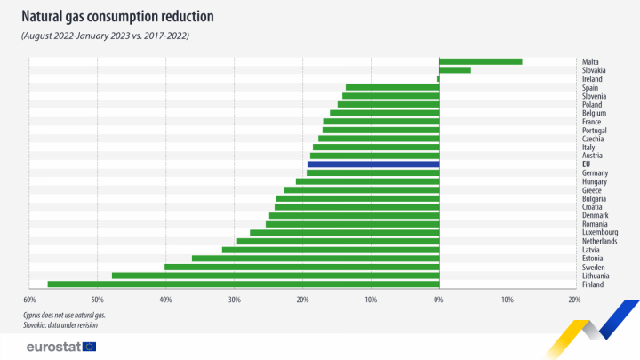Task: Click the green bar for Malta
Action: click(x=480, y=61)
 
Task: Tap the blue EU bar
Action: click(x=373, y=164)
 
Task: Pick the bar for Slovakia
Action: click(x=454, y=70)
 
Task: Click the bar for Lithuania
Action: click(x=275, y=275)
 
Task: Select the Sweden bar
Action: click(x=301, y=267)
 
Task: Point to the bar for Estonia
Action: click(x=315, y=258)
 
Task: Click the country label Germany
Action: click(x=596, y=173)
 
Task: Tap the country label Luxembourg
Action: click(x=600, y=233)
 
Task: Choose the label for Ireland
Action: click(x=592, y=79)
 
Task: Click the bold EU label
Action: click(x=587, y=164)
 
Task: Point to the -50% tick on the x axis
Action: click(x=97, y=300)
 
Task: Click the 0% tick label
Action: click(x=438, y=300)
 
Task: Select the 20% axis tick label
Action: click(x=574, y=300)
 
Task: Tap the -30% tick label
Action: click(x=233, y=300)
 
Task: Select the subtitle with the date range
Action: click(x=105, y=36)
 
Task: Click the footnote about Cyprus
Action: click(x=64, y=316)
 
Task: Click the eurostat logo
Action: click(x=60, y=347)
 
